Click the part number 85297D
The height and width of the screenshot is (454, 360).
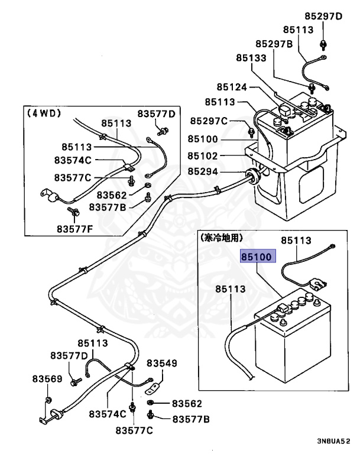point(323,16)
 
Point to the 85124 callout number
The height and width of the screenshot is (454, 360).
point(231,87)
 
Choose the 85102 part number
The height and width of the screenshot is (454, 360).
point(203,156)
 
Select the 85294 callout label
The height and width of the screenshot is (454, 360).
point(203,172)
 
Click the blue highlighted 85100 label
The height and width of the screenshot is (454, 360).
point(257,257)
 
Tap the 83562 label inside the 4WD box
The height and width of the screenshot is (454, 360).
point(112,195)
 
